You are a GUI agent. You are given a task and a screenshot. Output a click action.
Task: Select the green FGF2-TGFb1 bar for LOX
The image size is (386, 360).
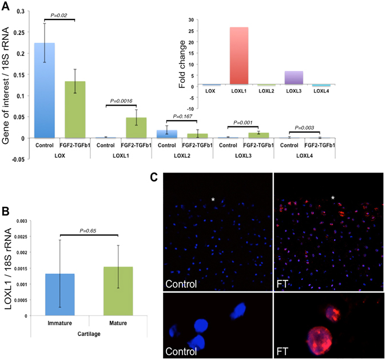pos(74,109)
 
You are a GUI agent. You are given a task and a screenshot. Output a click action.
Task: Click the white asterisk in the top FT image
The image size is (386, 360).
pos(333,198)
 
